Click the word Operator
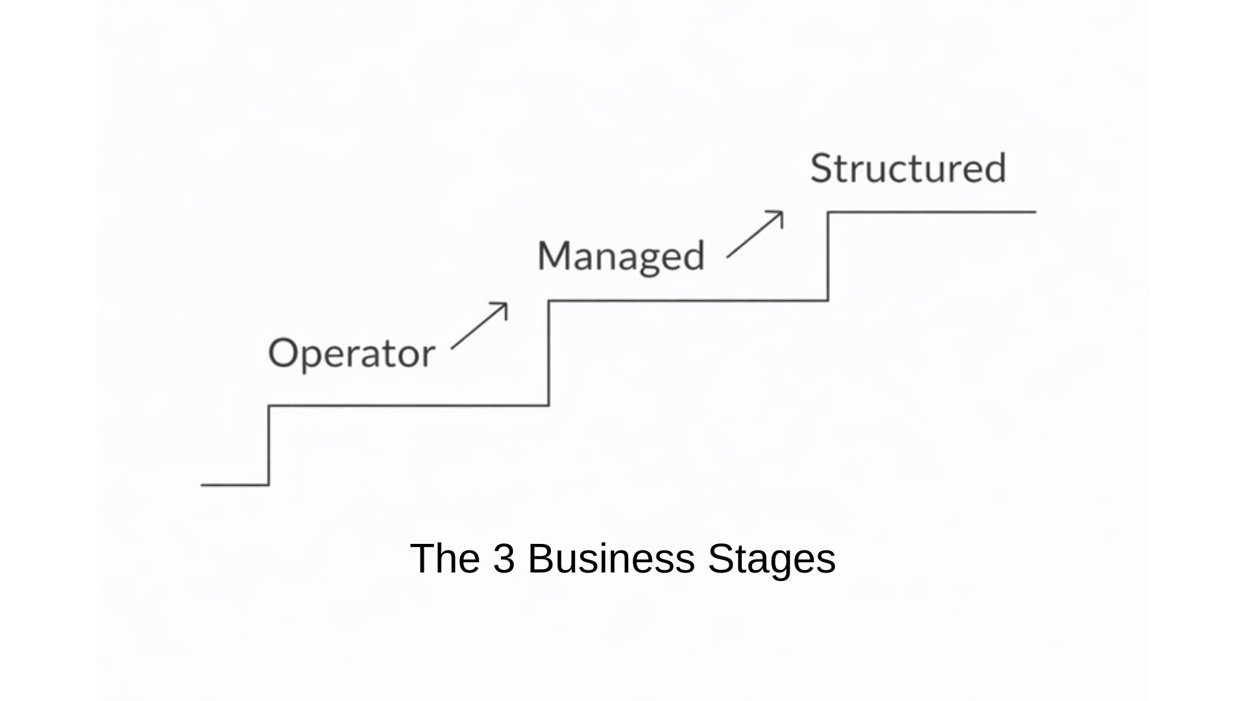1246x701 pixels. pos(351,354)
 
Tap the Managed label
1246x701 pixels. pos(620,256)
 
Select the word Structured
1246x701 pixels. pos(908,168)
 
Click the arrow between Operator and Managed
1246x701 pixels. pos(479,326)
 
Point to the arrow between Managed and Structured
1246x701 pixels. pos(755,234)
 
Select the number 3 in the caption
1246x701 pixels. pos(504,558)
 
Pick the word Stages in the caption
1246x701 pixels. pos(772,558)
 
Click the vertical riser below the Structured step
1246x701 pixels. pos(828,256)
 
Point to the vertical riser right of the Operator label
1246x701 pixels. pos(549,353)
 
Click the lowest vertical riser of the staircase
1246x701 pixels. pos(269,445)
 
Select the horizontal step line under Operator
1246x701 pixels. pos(409,406)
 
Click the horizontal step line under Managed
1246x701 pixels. pos(688,301)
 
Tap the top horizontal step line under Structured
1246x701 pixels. pos(931,212)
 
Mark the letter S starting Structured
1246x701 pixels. pos(821,168)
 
